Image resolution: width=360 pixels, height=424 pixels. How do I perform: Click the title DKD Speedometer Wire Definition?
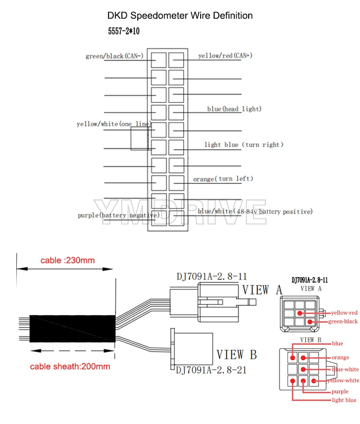[180, 15]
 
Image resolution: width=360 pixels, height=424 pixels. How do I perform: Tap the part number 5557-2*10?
[124, 31]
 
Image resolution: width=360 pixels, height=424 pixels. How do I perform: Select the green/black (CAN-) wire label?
[114, 56]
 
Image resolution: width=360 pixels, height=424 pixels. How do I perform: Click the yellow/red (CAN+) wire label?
[225, 55]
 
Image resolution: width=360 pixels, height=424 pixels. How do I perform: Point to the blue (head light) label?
[234, 109]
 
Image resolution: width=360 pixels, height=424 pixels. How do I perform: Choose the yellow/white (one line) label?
[114, 124]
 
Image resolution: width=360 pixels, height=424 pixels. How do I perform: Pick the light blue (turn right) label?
[244, 145]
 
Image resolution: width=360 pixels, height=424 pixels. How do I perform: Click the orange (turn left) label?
[223, 179]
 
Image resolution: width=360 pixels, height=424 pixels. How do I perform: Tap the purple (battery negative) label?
[119, 215]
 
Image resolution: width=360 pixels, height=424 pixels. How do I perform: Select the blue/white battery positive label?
[255, 211]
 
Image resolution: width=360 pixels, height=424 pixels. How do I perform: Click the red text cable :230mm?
[68, 260]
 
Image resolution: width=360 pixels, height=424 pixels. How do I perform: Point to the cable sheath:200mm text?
[70, 366]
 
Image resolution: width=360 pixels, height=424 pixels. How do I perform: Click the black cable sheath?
[72, 328]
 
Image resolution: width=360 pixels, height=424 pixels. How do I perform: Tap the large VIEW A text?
[262, 290]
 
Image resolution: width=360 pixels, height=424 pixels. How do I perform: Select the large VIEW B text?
[237, 354]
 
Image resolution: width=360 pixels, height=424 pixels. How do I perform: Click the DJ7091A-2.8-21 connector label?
[211, 370]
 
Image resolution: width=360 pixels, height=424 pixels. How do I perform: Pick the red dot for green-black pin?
[310, 322]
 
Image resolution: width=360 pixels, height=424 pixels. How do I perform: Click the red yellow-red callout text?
[344, 313]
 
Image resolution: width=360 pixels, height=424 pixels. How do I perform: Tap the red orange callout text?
[340, 357]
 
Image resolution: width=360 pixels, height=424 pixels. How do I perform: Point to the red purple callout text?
[340, 391]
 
